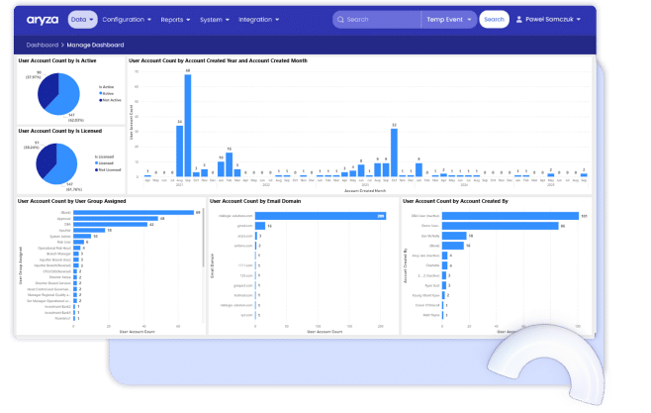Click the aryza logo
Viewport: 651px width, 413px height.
43,19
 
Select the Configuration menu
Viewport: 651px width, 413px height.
127,19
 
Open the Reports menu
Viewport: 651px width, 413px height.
176,19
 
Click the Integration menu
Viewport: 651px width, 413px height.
258,19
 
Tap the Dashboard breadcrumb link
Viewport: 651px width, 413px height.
43,46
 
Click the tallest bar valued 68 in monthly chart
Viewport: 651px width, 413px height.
188,124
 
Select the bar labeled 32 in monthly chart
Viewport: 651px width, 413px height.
394,153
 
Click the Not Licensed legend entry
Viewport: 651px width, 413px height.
109,169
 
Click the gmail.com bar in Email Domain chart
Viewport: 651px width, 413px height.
260,226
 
